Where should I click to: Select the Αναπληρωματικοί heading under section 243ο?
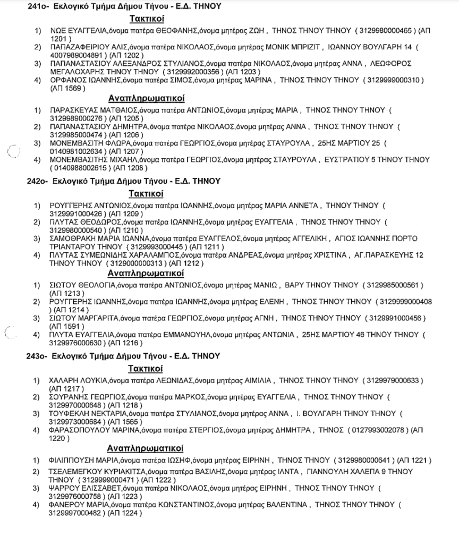tap(146, 447)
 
